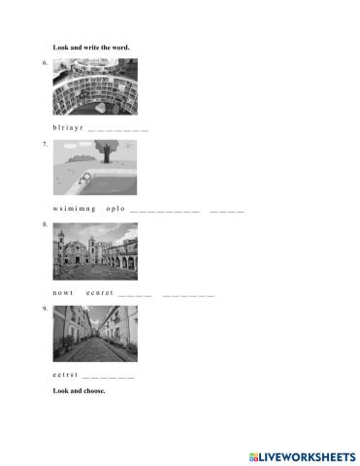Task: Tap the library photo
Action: pyautogui.click(x=95, y=86)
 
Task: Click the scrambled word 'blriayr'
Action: pyautogui.click(x=69, y=127)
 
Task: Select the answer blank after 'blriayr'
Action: pyautogui.click(x=118, y=129)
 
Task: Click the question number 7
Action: pyautogui.click(x=46, y=144)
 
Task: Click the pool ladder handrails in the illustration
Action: pyautogui.click(x=88, y=179)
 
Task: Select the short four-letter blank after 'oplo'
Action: pyautogui.click(x=227, y=212)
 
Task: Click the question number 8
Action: pyautogui.click(x=46, y=225)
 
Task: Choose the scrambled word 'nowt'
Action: pyautogui.click(x=63, y=292)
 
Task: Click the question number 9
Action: pyautogui.click(x=46, y=308)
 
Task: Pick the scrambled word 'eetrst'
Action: pyautogui.click(x=66, y=375)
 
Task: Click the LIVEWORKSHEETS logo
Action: pyautogui.click(x=301, y=455)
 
